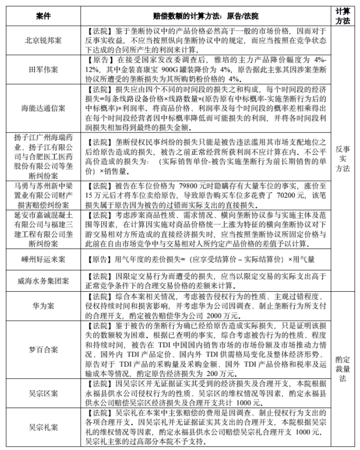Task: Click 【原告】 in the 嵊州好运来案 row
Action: [x=98, y=260]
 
